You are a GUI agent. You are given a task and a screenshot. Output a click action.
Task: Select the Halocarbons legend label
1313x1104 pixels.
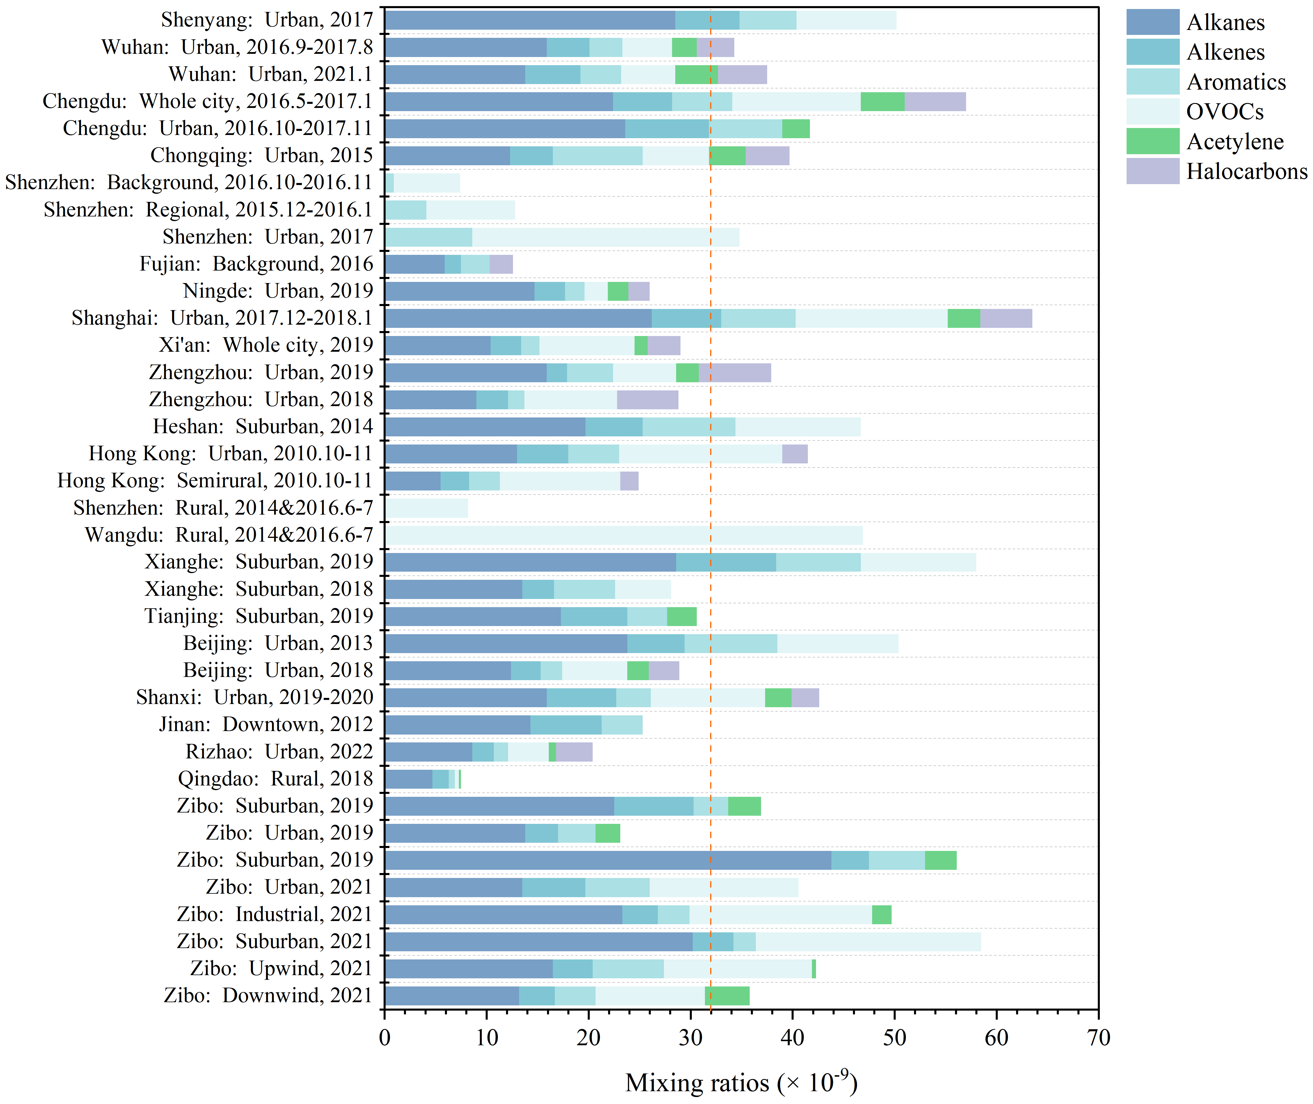tap(1247, 171)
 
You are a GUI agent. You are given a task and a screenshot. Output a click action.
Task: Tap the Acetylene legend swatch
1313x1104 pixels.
tap(1152, 141)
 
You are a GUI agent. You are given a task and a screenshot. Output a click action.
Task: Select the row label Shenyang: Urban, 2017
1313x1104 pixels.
tap(267, 20)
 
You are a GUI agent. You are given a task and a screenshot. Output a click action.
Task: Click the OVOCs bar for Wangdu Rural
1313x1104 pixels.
tap(624, 535)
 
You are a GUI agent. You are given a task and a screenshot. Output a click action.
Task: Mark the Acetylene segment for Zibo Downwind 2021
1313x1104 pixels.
tap(727, 996)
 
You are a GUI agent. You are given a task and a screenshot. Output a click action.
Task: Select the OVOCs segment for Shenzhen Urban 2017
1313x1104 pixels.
tap(605, 237)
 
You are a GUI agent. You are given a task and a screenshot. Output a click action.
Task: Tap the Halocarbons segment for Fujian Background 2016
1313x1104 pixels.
tap(501, 264)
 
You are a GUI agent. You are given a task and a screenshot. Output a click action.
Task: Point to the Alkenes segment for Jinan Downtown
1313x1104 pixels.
tap(566, 725)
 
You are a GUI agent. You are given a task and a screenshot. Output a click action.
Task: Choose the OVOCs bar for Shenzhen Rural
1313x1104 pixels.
tap(427, 508)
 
